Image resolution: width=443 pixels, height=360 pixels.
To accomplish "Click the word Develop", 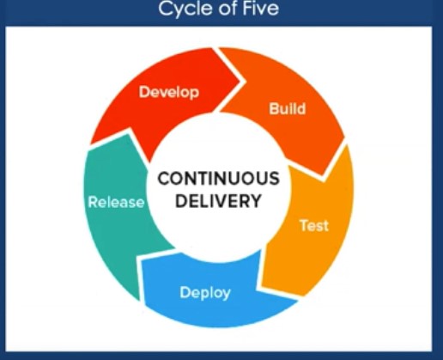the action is point(169,93).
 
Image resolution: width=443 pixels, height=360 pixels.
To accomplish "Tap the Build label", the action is point(288,108).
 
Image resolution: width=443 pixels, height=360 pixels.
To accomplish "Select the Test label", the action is point(314,225).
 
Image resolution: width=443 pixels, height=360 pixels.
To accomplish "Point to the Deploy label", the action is point(205,293).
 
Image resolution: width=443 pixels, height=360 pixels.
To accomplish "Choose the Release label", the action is point(117,202).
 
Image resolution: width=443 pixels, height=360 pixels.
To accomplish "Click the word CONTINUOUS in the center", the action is point(218,179).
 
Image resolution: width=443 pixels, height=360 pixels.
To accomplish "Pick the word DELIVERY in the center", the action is point(218,201).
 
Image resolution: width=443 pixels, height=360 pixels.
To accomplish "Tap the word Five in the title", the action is point(261,8).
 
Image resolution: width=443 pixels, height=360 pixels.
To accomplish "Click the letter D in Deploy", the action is point(185,292).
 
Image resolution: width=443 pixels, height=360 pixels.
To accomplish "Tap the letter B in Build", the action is point(274,108).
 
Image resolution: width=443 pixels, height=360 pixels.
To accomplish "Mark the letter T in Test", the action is point(304,225).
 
